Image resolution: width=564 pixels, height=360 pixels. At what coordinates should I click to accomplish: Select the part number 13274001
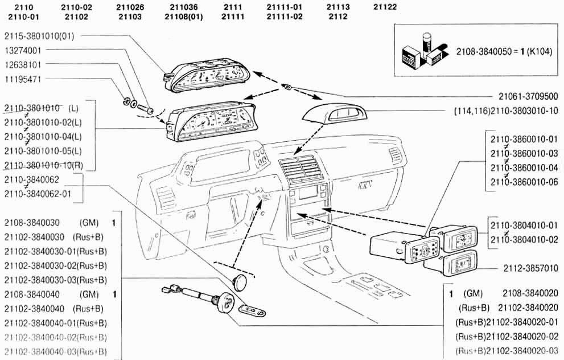click(23, 50)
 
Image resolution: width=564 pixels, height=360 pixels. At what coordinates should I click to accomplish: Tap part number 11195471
click(23, 79)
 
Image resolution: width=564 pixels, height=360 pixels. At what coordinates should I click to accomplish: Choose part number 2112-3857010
click(530, 267)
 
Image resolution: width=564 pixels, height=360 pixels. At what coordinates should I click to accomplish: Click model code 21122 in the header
click(385, 7)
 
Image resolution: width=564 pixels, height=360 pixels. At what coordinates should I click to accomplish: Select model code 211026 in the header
click(130, 7)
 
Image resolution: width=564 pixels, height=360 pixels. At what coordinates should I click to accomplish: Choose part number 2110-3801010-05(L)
click(43, 150)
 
